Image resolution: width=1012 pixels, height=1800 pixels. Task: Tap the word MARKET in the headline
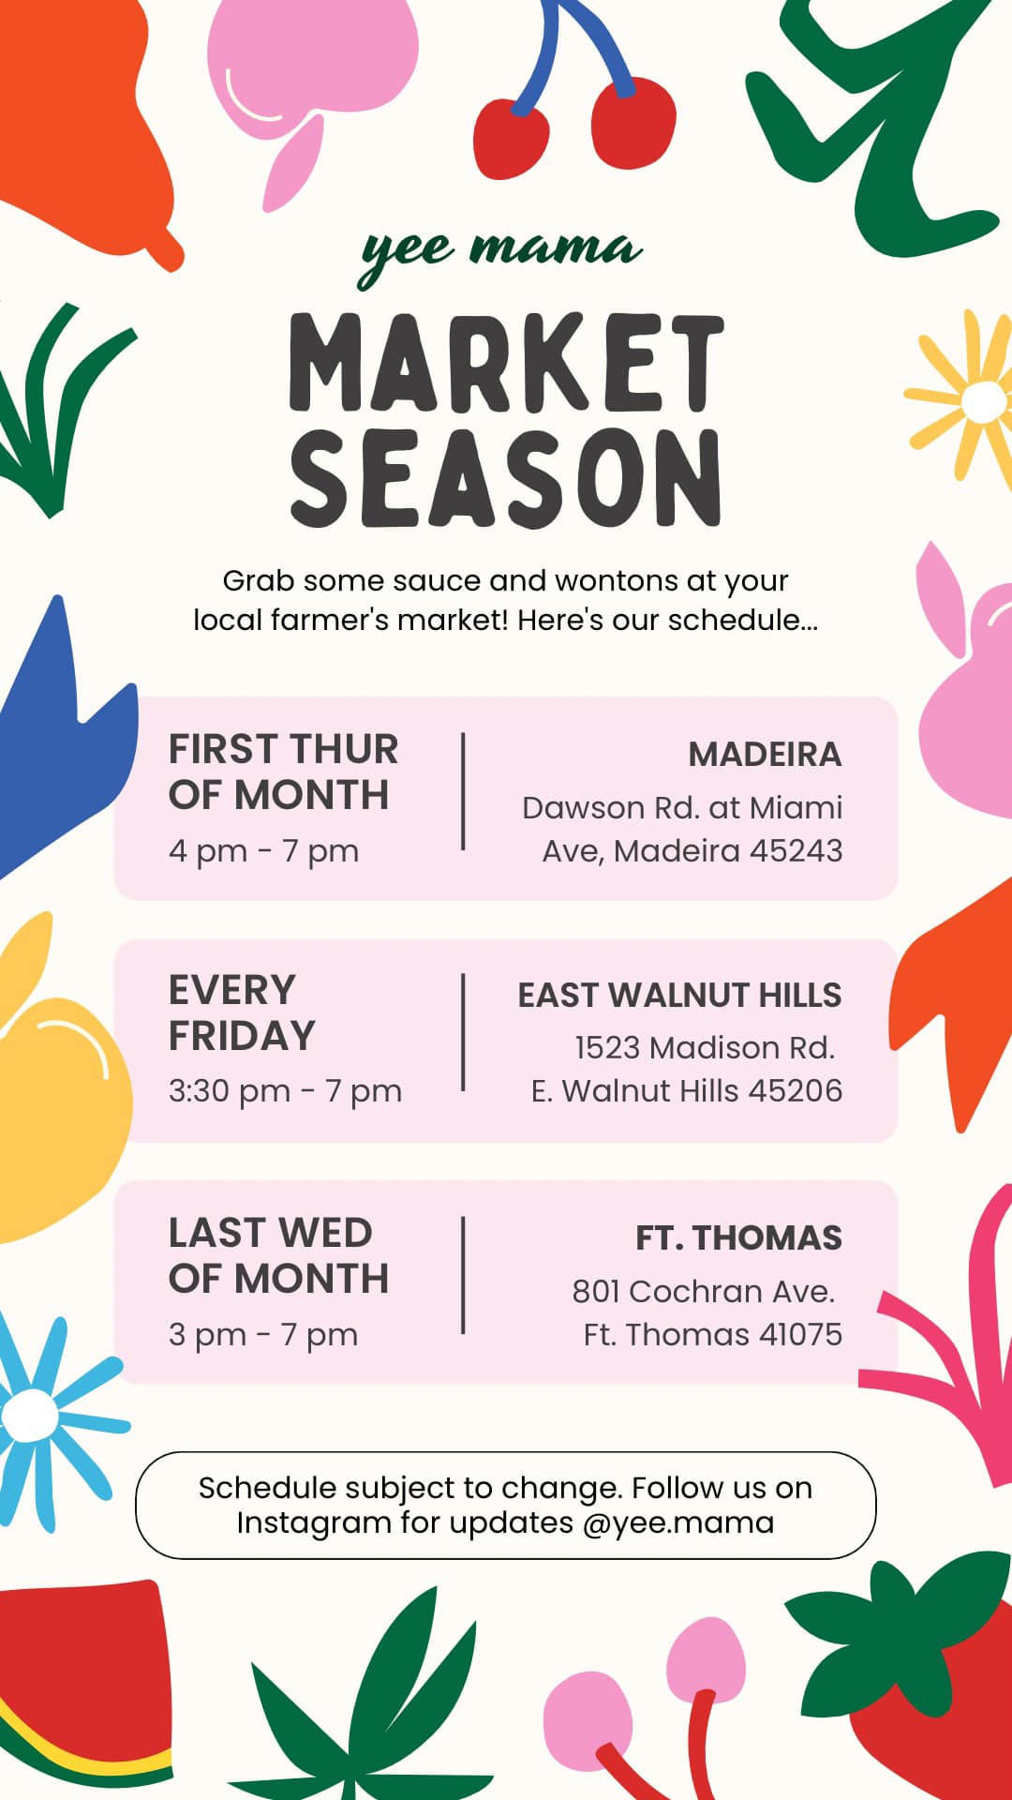coord(506,364)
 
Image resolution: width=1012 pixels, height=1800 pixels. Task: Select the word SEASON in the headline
coord(506,478)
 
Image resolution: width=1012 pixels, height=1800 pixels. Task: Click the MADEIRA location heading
coord(765,755)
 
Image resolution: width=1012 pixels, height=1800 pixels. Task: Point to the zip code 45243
coord(796,850)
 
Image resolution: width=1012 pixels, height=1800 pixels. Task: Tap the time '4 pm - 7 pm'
coord(263,851)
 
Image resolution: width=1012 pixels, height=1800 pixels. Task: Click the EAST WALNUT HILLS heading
coord(680,995)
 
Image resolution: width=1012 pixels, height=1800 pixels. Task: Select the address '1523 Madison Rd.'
coord(705,1047)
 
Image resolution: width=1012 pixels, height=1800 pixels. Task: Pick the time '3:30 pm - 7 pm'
coord(285,1091)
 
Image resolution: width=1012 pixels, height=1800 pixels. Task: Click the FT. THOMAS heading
coord(738,1237)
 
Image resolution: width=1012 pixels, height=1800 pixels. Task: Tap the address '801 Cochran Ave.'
coord(703,1291)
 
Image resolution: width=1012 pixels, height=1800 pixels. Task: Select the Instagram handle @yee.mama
coord(678,1522)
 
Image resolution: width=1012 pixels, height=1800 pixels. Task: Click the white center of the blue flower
coord(31,1415)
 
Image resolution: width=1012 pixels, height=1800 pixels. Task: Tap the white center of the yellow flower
coord(984,401)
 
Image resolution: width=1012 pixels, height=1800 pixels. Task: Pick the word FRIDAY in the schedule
coord(242,1036)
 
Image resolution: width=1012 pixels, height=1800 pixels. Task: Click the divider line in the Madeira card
coord(463,792)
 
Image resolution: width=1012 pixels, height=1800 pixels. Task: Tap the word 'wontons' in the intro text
coord(617,581)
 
